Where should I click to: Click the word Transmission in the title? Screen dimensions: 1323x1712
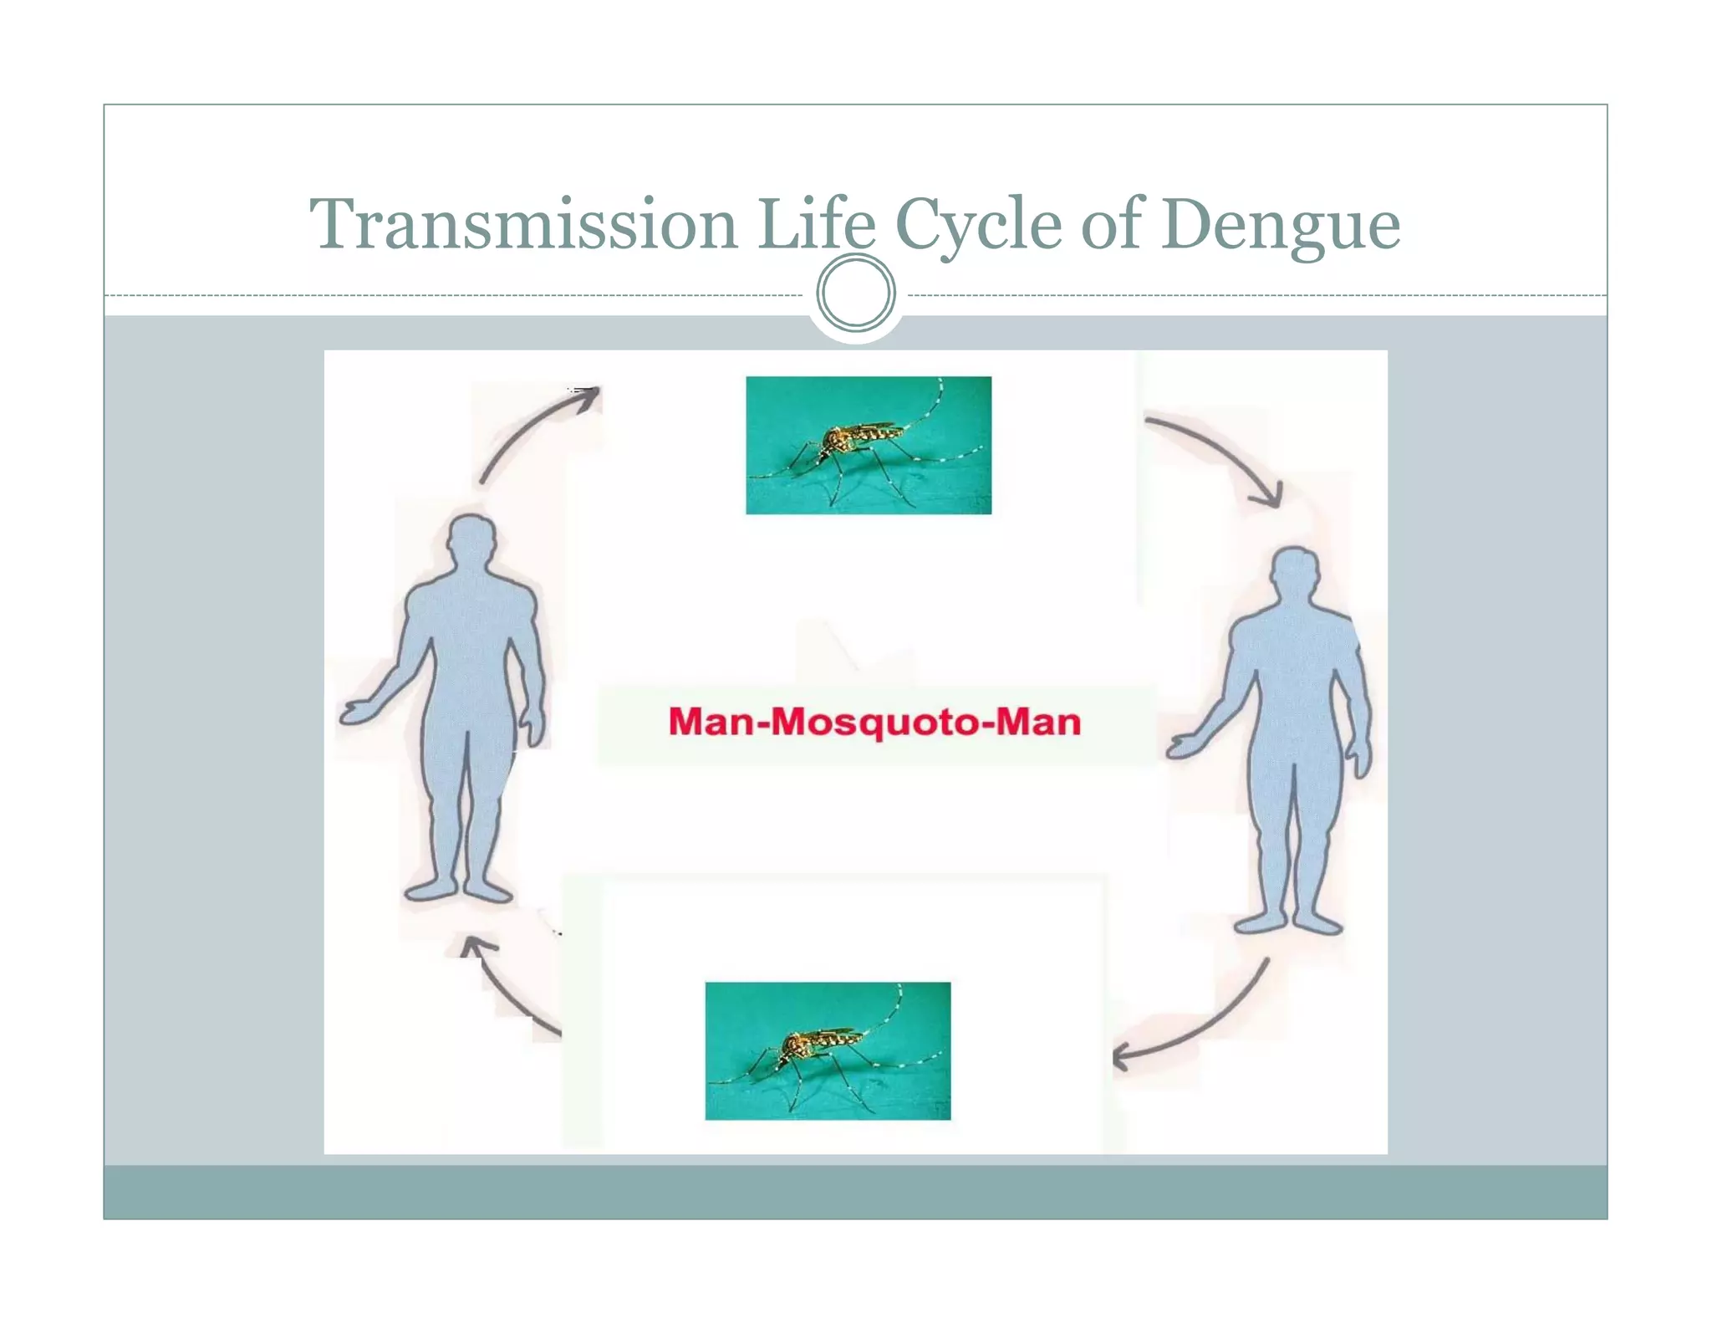(523, 224)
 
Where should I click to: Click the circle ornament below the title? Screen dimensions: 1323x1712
(855, 294)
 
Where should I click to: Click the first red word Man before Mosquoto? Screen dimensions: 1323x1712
(711, 722)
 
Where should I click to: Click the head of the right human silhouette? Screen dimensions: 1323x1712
(1294, 574)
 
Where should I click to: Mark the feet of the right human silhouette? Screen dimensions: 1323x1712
(1287, 922)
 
